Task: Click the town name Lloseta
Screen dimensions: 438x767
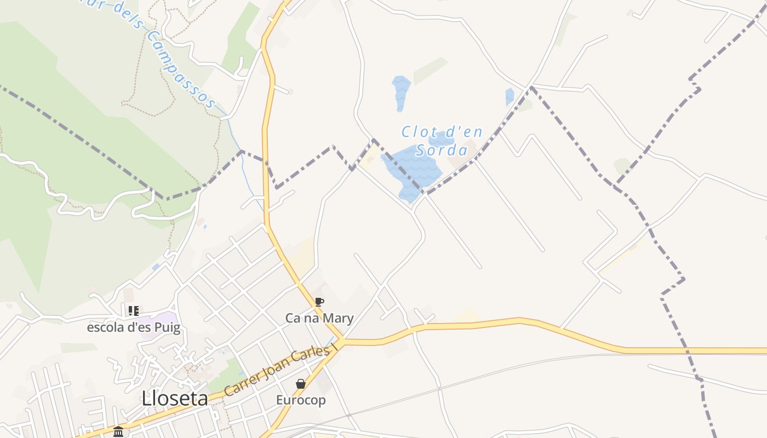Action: click(175, 399)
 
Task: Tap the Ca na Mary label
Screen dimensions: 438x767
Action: click(319, 318)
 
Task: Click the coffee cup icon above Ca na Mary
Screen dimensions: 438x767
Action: click(319, 302)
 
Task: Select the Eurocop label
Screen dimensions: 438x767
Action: click(301, 400)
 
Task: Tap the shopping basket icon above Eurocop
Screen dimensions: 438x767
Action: click(301, 384)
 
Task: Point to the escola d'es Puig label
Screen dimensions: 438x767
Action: click(134, 328)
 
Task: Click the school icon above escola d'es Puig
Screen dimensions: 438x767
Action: click(134, 311)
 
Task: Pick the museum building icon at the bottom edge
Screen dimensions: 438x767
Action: click(118, 432)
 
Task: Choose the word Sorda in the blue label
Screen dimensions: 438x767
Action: click(441, 150)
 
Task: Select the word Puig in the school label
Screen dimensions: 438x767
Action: click(167, 328)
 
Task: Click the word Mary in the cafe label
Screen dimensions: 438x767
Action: click(340, 318)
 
